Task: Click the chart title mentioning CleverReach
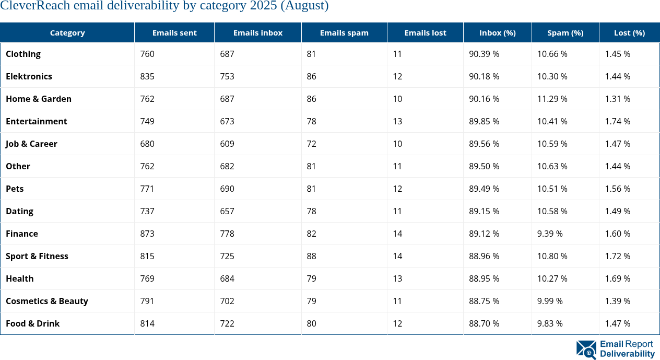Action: (164, 6)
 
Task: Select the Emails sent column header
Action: (174, 32)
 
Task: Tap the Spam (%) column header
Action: (565, 32)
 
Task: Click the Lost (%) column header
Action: (629, 32)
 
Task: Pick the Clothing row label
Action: (23, 54)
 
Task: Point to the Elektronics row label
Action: (29, 76)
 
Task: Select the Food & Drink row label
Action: (32, 323)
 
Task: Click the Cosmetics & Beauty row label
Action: (46, 301)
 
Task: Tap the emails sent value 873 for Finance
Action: (147, 234)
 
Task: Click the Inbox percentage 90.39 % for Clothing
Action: (484, 54)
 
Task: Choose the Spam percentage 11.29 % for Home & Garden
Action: (552, 99)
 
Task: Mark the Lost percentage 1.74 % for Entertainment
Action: (618, 121)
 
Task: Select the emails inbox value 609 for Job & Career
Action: (227, 144)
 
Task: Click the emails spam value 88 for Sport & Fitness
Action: (312, 256)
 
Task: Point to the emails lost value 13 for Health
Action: (397, 278)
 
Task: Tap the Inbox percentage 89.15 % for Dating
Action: (484, 211)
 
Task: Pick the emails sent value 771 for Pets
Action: (147, 189)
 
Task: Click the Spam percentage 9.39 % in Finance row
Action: (550, 234)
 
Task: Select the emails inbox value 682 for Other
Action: (227, 166)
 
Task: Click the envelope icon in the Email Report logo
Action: (586, 350)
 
